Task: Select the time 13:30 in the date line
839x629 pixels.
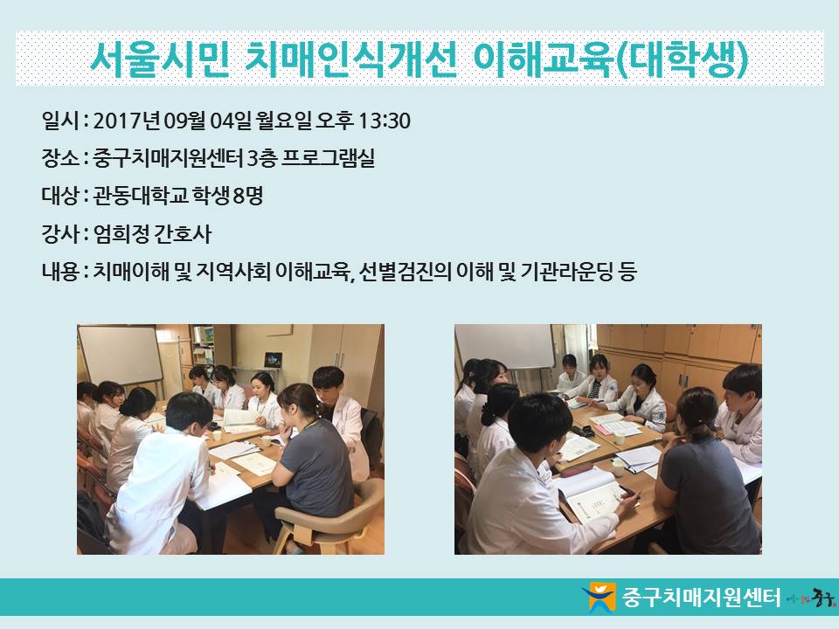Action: click(x=384, y=121)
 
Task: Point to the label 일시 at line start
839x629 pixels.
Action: click(x=60, y=121)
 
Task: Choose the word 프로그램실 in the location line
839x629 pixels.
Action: click(x=328, y=158)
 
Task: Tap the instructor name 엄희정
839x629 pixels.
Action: click(x=121, y=234)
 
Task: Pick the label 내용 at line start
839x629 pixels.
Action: click(x=60, y=272)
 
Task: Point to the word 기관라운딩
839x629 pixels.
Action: click(x=566, y=272)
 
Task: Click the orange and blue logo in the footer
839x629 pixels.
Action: click(x=599, y=597)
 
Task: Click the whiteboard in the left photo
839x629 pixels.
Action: click(x=120, y=356)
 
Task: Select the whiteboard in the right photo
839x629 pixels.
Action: click(x=505, y=346)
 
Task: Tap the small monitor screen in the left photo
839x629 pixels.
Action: click(x=273, y=359)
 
